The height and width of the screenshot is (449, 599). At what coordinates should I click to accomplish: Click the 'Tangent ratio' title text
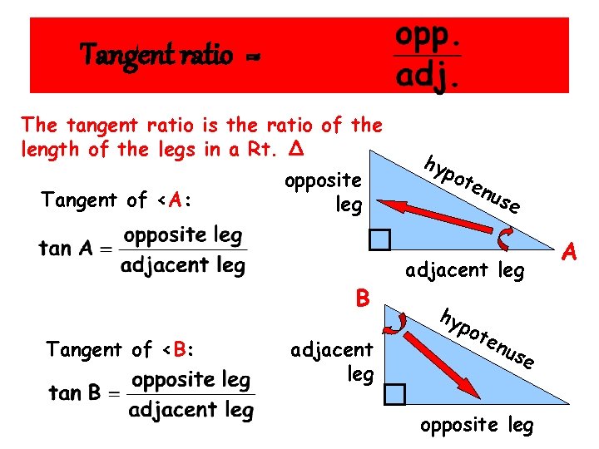click(x=156, y=55)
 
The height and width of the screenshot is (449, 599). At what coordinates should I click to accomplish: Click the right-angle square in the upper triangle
click(x=379, y=239)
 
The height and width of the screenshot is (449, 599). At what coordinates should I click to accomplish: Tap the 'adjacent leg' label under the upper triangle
click(x=464, y=270)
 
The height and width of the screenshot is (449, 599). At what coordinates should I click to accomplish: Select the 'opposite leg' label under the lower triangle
click(x=477, y=425)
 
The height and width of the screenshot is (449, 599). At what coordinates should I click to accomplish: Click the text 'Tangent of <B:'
click(x=120, y=349)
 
